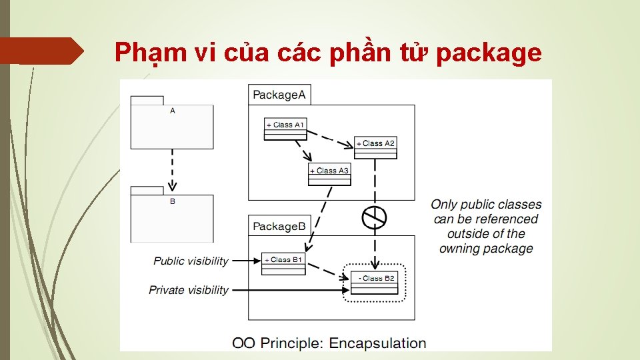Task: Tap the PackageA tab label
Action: click(x=279, y=95)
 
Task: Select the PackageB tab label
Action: click(x=279, y=227)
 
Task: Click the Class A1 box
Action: click(x=285, y=129)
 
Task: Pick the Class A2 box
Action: click(x=375, y=148)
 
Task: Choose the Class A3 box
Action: click(x=329, y=175)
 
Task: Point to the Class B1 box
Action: click(x=283, y=264)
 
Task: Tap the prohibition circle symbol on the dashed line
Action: click(x=375, y=216)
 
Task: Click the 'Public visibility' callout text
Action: click(x=191, y=261)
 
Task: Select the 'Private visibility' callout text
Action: click(x=188, y=290)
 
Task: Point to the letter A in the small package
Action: click(x=173, y=111)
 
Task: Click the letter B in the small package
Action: click(x=173, y=201)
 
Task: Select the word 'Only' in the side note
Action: click(x=445, y=205)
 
